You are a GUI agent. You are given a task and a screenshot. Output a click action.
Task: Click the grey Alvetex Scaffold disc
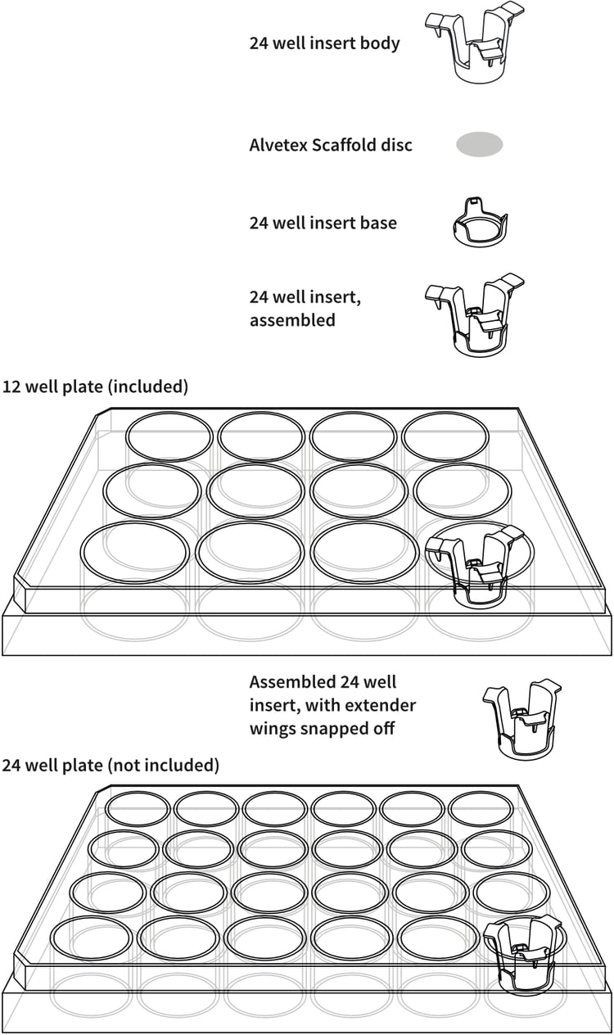479,145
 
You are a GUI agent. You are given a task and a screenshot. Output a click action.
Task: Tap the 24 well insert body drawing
474,44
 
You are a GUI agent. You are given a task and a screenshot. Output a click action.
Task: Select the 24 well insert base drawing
480,224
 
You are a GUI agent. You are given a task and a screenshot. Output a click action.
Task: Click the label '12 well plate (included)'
95,386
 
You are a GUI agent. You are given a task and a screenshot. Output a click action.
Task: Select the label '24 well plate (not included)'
111,766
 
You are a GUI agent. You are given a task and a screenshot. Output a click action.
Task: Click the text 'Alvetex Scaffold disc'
331,145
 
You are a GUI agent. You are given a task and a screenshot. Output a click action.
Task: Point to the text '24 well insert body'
324,43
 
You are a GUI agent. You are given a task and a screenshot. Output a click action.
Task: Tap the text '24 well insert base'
323,223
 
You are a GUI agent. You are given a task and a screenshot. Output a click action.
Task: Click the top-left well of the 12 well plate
169,436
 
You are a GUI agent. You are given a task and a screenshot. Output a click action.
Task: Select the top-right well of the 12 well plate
445,436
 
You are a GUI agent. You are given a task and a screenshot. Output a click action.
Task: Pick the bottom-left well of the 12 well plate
134,552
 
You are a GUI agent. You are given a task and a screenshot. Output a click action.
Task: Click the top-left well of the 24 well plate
138,808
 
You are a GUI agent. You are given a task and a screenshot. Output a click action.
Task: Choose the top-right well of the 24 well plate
481,808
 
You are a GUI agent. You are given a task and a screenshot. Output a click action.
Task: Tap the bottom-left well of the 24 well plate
91,938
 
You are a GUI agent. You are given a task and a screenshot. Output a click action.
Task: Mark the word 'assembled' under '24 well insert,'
292,320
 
